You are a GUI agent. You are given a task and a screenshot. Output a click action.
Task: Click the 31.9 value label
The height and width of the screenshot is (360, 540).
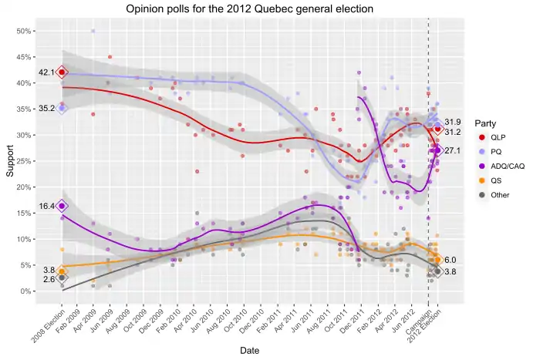point(453,122)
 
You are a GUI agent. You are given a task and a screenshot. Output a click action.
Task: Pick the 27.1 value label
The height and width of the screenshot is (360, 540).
point(453,151)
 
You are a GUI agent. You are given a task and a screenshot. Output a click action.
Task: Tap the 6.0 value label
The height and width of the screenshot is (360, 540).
point(451,261)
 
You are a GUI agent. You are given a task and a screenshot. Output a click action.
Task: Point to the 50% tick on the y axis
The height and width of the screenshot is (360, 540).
point(23,32)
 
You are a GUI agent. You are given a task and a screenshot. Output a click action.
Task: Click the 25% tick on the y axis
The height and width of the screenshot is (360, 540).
point(23,162)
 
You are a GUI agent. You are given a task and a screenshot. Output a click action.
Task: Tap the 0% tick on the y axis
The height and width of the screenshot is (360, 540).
point(25,291)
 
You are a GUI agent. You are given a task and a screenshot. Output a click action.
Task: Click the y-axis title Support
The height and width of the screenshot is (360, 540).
point(10,160)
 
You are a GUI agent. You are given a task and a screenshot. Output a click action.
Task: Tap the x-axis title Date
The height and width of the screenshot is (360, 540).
point(249,350)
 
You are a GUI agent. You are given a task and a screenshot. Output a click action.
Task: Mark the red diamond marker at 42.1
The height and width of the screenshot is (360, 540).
point(62,72)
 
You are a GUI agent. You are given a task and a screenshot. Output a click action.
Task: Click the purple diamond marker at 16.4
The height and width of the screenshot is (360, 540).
point(62,207)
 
